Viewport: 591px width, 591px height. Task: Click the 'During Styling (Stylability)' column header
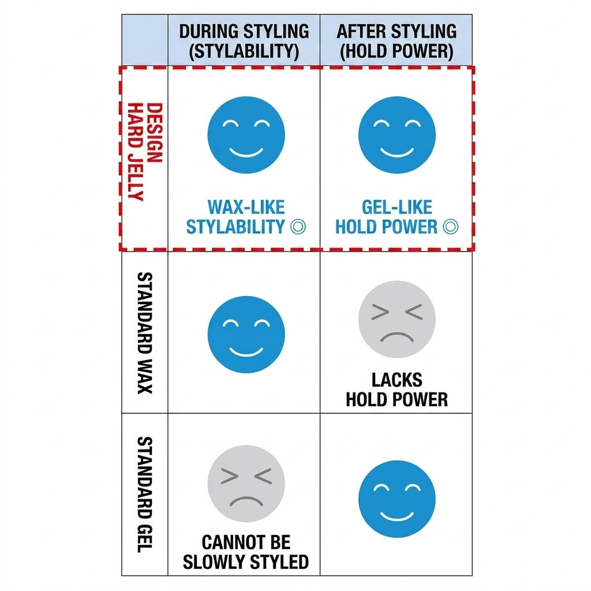click(x=244, y=41)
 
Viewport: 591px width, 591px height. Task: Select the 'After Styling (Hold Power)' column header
click(x=396, y=41)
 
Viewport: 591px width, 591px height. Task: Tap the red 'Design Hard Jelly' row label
click(x=145, y=152)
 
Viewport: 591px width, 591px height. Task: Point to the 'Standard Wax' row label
click(x=145, y=333)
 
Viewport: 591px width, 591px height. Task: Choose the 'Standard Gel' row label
click(x=145, y=495)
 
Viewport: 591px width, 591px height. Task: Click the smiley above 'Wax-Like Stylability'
click(x=246, y=135)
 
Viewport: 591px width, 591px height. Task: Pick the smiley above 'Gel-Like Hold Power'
click(x=397, y=135)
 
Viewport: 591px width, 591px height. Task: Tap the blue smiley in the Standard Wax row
click(x=246, y=334)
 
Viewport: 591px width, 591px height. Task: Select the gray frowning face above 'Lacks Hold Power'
click(x=397, y=319)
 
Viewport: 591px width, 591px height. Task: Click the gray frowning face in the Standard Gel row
click(x=246, y=484)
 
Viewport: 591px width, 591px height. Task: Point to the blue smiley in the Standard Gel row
click(x=397, y=499)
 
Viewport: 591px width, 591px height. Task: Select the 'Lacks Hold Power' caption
click(x=397, y=390)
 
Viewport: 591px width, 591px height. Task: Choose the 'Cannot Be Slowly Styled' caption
click(x=246, y=552)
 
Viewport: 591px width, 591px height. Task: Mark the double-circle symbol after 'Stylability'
click(x=298, y=226)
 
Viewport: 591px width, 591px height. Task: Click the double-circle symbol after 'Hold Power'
click(x=451, y=226)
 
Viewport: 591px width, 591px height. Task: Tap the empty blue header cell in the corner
click(x=145, y=40)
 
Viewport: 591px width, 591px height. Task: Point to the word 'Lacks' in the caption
click(x=397, y=380)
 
